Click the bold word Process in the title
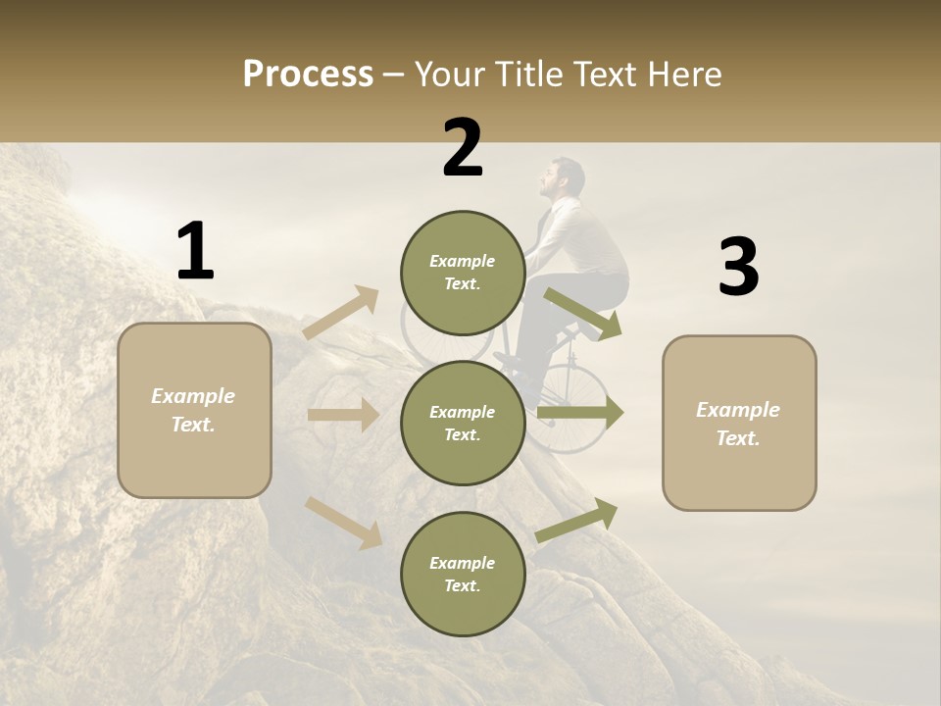click(308, 74)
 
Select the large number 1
click(195, 252)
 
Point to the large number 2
click(463, 148)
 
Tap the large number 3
click(738, 268)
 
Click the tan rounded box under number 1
click(194, 410)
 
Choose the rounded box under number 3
click(739, 424)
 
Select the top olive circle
click(462, 273)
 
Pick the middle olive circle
click(462, 424)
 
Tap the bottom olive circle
click(462, 575)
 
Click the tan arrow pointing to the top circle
click(341, 313)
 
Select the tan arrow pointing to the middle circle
click(343, 415)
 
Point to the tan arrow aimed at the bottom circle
click(343, 522)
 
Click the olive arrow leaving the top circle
click(583, 314)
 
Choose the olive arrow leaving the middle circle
click(580, 414)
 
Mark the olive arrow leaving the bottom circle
click(577, 520)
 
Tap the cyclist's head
click(563, 179)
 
